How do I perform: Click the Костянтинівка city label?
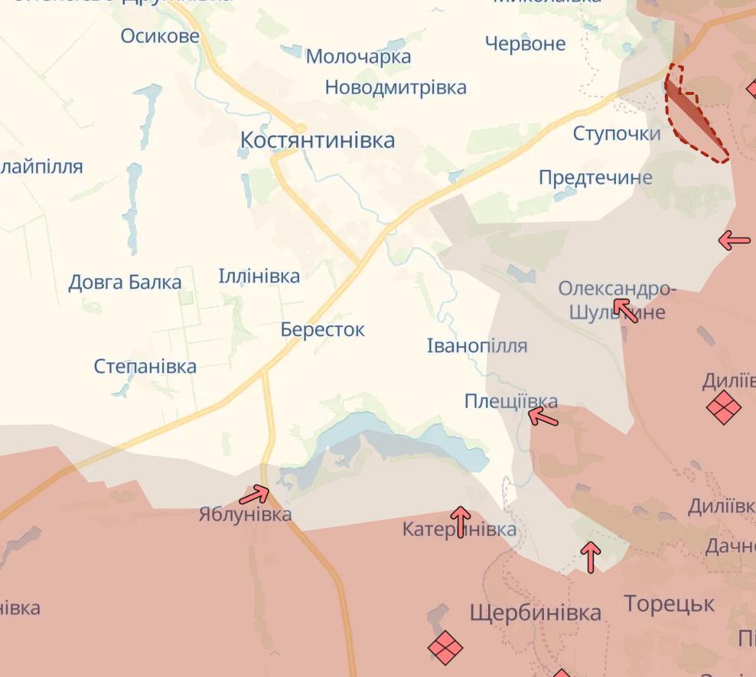318,140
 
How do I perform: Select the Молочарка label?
358,56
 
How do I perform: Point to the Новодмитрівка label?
396,87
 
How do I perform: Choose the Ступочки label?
617,134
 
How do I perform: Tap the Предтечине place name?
595,178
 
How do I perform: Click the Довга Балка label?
125,283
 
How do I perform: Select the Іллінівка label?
259,276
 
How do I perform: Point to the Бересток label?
322,329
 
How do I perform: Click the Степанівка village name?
145,366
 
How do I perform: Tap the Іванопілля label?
477,345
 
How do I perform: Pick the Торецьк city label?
669,603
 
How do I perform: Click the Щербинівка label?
535,613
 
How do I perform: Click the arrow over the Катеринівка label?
460,520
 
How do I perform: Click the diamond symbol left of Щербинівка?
445,647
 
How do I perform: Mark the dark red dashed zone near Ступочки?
692,119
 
